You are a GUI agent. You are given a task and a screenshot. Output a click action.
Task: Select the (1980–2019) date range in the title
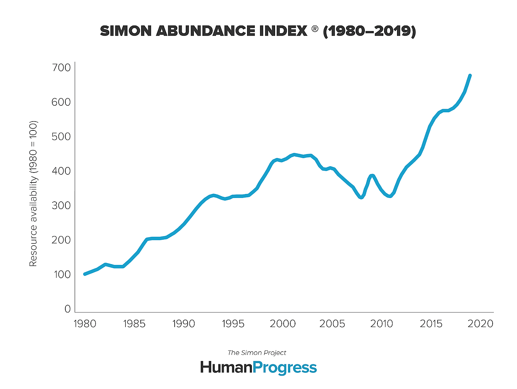369,31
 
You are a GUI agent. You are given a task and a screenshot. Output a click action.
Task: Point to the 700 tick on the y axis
61,68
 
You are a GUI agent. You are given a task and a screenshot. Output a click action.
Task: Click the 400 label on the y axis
61,171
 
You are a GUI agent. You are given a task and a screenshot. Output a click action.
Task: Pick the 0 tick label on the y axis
67,309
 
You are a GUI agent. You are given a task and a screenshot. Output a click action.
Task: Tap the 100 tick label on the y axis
61,274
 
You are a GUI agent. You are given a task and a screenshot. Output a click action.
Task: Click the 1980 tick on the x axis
85,324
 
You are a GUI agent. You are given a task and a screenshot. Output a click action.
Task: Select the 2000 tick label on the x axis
283,324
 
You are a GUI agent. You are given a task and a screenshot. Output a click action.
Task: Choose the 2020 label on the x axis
480,324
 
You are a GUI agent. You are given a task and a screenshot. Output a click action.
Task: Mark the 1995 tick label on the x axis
233,324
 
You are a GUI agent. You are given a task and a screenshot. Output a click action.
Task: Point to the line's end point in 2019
470,76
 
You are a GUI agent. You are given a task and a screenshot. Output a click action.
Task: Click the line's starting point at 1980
85,274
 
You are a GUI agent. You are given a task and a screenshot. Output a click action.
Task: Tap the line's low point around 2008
361,197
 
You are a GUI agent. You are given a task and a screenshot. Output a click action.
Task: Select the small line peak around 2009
372,175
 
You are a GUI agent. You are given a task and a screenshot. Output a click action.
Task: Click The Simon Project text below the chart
257,353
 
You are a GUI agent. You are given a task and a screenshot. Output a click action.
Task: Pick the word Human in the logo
226,368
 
